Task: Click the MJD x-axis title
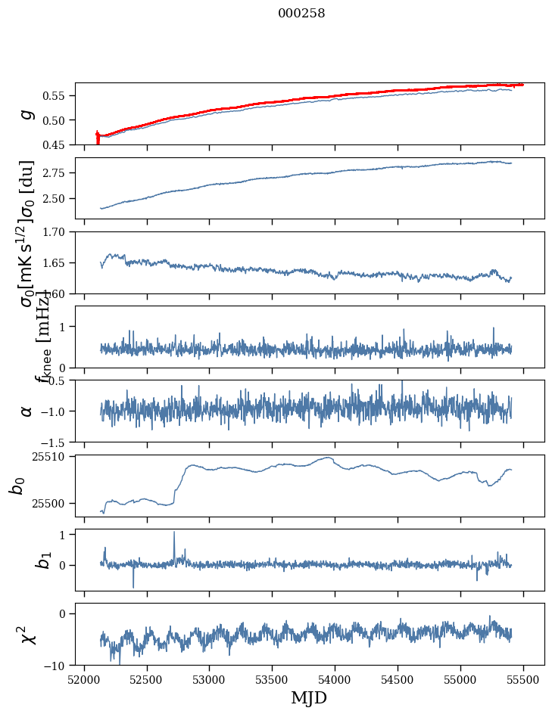click(x=309, y=697)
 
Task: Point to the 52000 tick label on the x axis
click(x=84, y=680)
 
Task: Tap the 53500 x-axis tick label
click(x=272, y=680)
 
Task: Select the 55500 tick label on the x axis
click(x=523, y=680)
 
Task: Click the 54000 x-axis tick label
click(x=335, y=680)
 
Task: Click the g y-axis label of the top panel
click(x=27, y=114)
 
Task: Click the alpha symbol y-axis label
click(x=27, y=411)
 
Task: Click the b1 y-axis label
click(x=24, y=560)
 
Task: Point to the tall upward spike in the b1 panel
click(x=174, y=532)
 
